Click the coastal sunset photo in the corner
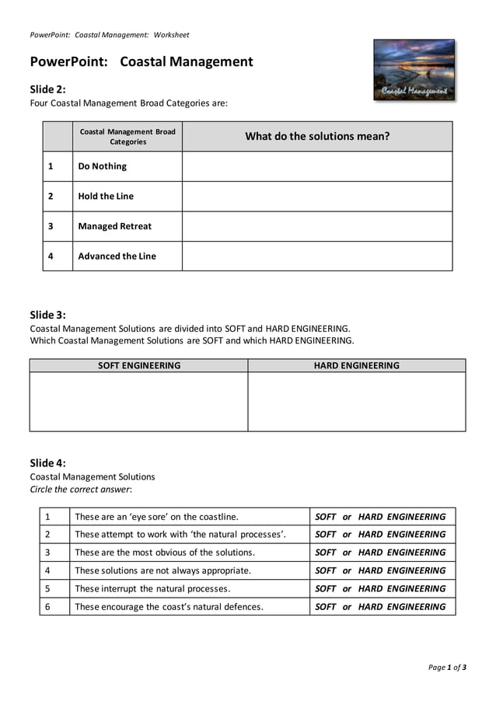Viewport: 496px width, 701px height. pos(414,70)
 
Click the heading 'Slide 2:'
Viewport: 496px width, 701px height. pos(48,89)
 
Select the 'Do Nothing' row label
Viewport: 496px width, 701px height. pos(102,166)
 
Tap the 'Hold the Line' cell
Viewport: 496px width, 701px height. pos(106,197)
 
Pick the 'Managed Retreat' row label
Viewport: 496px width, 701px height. pos(114,226)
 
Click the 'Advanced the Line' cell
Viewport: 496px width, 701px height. pos(117,256)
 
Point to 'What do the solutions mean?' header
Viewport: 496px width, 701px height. pos(317,136)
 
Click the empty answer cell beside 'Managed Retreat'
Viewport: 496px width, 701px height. pos(317,226)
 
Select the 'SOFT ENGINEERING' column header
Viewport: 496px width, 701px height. pos(138,365)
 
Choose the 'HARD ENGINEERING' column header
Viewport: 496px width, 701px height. pos(356,365)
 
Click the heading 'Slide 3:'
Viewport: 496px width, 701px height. pos(48,315)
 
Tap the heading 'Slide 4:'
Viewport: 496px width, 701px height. pos(48,462)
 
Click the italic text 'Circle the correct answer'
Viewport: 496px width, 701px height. pos(81,490)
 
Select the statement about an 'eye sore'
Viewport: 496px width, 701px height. pos(156,517)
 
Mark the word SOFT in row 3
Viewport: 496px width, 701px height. pos(325,553)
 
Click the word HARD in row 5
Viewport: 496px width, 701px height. pos(371,588)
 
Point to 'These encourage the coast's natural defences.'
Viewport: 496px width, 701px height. pos(169,607)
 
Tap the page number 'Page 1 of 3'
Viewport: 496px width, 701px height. pos(447,667)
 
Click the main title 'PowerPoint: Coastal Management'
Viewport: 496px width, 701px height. pos(141,62)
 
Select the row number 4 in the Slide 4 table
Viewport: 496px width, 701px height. pos(47,570)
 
